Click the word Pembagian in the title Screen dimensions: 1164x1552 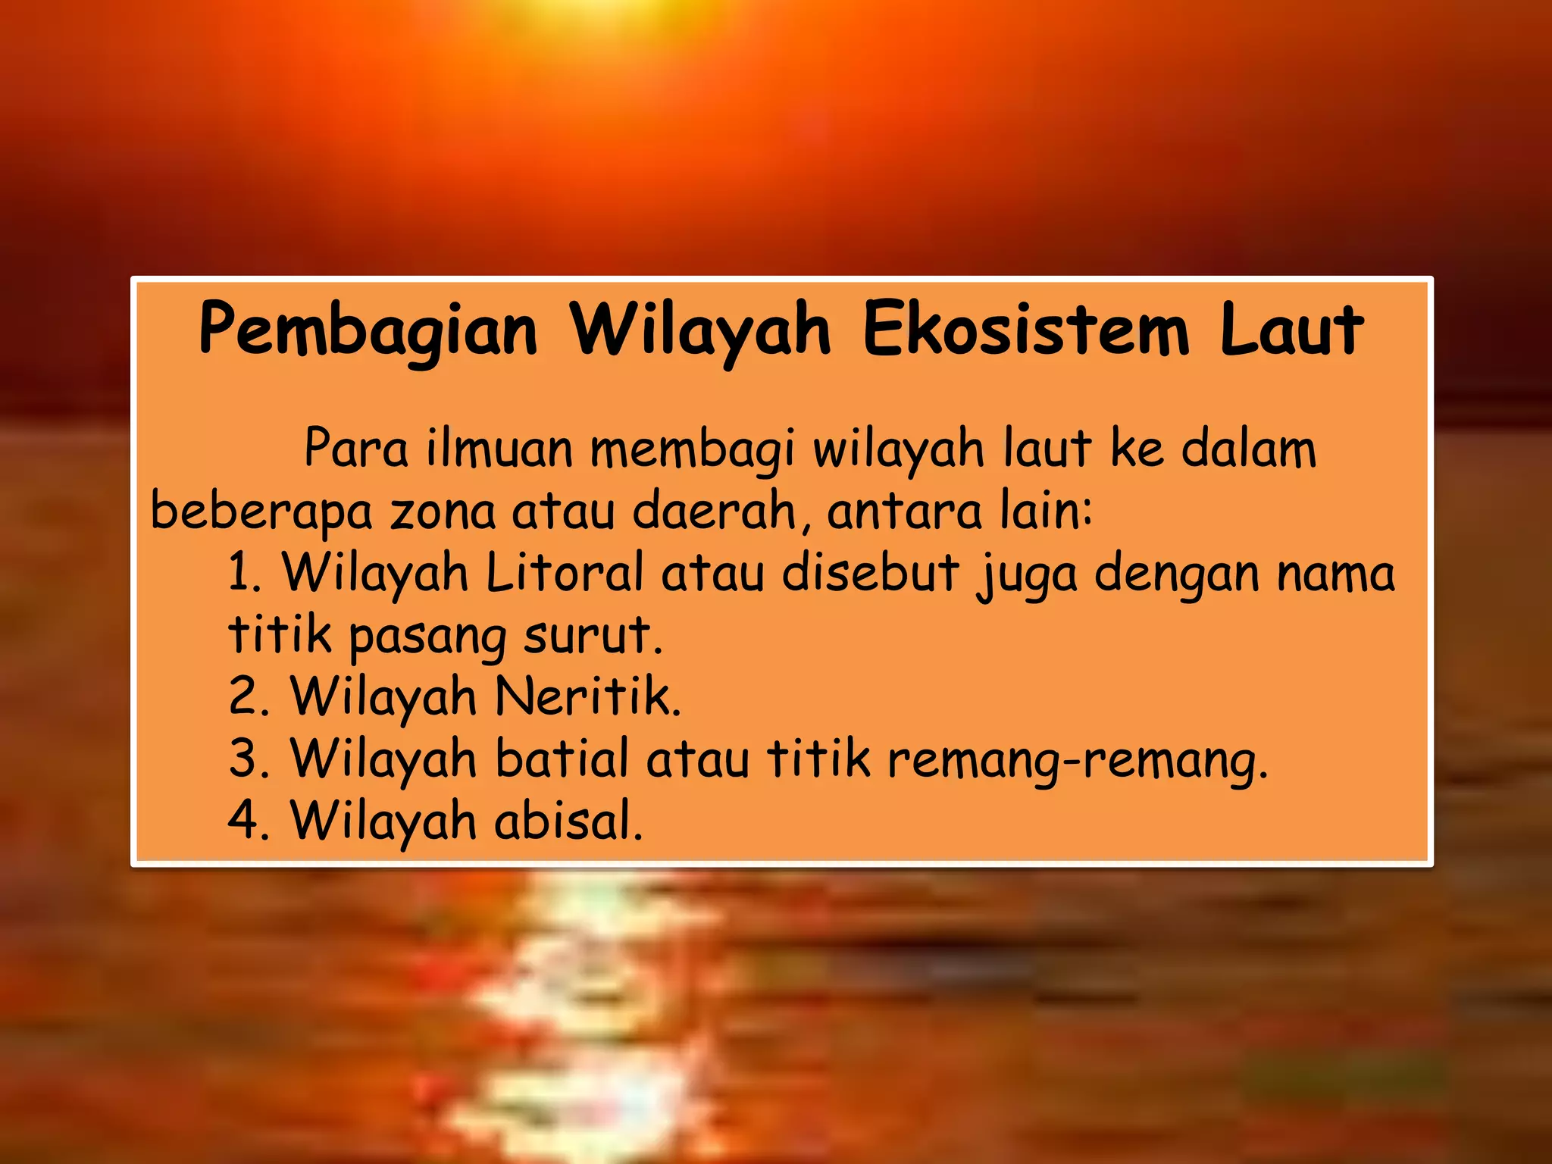pyautogui.click(x=368, y=330)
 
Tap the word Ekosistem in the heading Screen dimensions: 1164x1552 pyautogui.click(x=1025, y=329)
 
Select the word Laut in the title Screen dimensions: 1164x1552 pyautogui.click(x=1291, y=329)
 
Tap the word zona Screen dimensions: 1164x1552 pyautogui.click(x=443, y=512)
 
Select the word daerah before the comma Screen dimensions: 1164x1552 pyautogui.click(x=713, y=511)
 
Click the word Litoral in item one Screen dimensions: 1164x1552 pyautogui.click(x=565, y=573)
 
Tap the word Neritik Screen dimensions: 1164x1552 pyautogui.click(x=588, y=696)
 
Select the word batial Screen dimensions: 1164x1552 pyautogui.click(x=562, y=758)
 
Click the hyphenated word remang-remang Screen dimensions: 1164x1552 pyautogui.click(x=1077, y=759)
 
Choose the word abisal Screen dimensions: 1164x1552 pyautogui.click(x=568, y=820)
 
